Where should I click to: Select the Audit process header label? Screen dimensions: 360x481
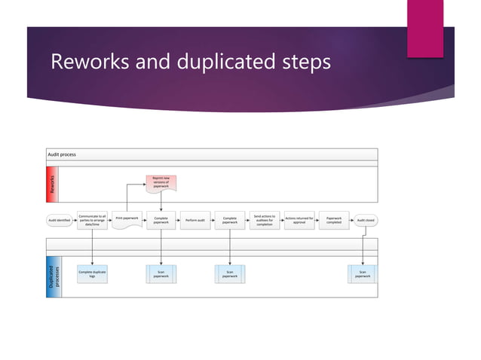click(x=62, y=154)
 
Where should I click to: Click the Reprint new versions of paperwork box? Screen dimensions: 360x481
click(x=161, y=182)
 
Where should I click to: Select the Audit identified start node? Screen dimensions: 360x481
click(x=59, y=220)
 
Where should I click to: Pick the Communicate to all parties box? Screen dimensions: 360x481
click(x=92, y=220)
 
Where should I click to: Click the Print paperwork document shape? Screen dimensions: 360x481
click(x=126, y=219)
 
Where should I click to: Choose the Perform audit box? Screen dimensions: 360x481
click(x=195, y=220)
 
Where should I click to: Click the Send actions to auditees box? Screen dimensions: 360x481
click(x=264, y=220)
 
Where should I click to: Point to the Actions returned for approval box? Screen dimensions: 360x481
click(x=299, y=220)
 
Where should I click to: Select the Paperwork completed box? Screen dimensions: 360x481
click(x=333, y=220)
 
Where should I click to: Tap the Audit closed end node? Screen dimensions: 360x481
click(x=366, y=220)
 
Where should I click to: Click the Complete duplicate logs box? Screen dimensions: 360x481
click(x=92, y=274)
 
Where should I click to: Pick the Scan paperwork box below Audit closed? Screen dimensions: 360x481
click(x=363, y=274)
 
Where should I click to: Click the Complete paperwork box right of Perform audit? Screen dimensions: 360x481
click(x=230, y=220)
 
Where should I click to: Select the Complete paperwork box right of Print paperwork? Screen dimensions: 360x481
click(x=161, y=220)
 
